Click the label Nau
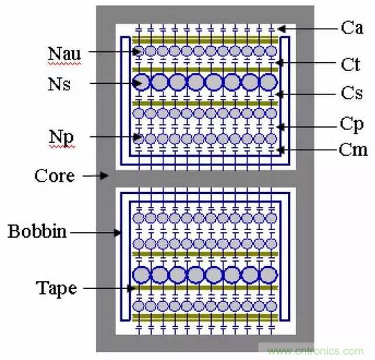[64, 53]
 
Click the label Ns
[59, 84]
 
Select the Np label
[61, 138]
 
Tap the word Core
[54, 175]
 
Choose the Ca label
[352, 27]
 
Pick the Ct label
[351, 63]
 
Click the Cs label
[351, 94]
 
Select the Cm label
[353, 150]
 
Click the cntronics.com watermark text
[315, 351]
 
